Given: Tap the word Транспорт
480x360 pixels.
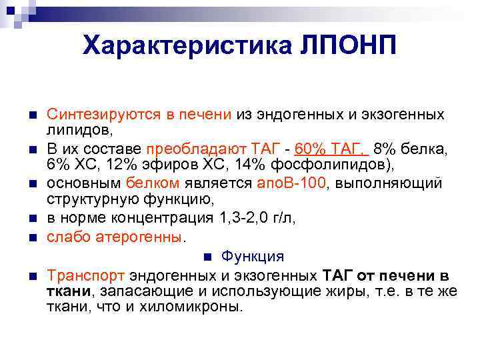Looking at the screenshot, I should [x=86, y=276].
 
